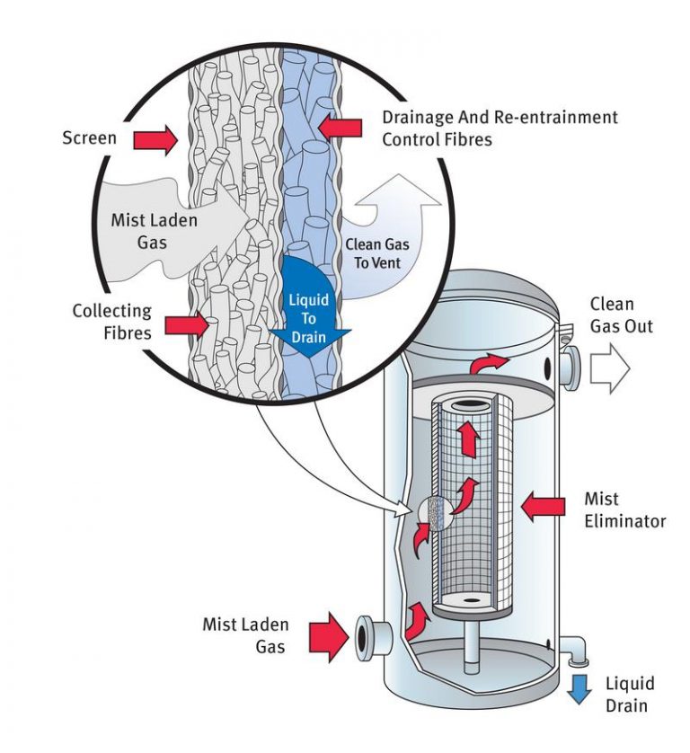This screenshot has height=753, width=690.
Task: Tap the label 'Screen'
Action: (x=89, y=138)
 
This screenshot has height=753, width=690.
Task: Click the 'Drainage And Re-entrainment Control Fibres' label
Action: (x=500, y=128)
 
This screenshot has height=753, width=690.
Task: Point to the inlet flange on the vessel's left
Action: (x=367, y=636)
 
